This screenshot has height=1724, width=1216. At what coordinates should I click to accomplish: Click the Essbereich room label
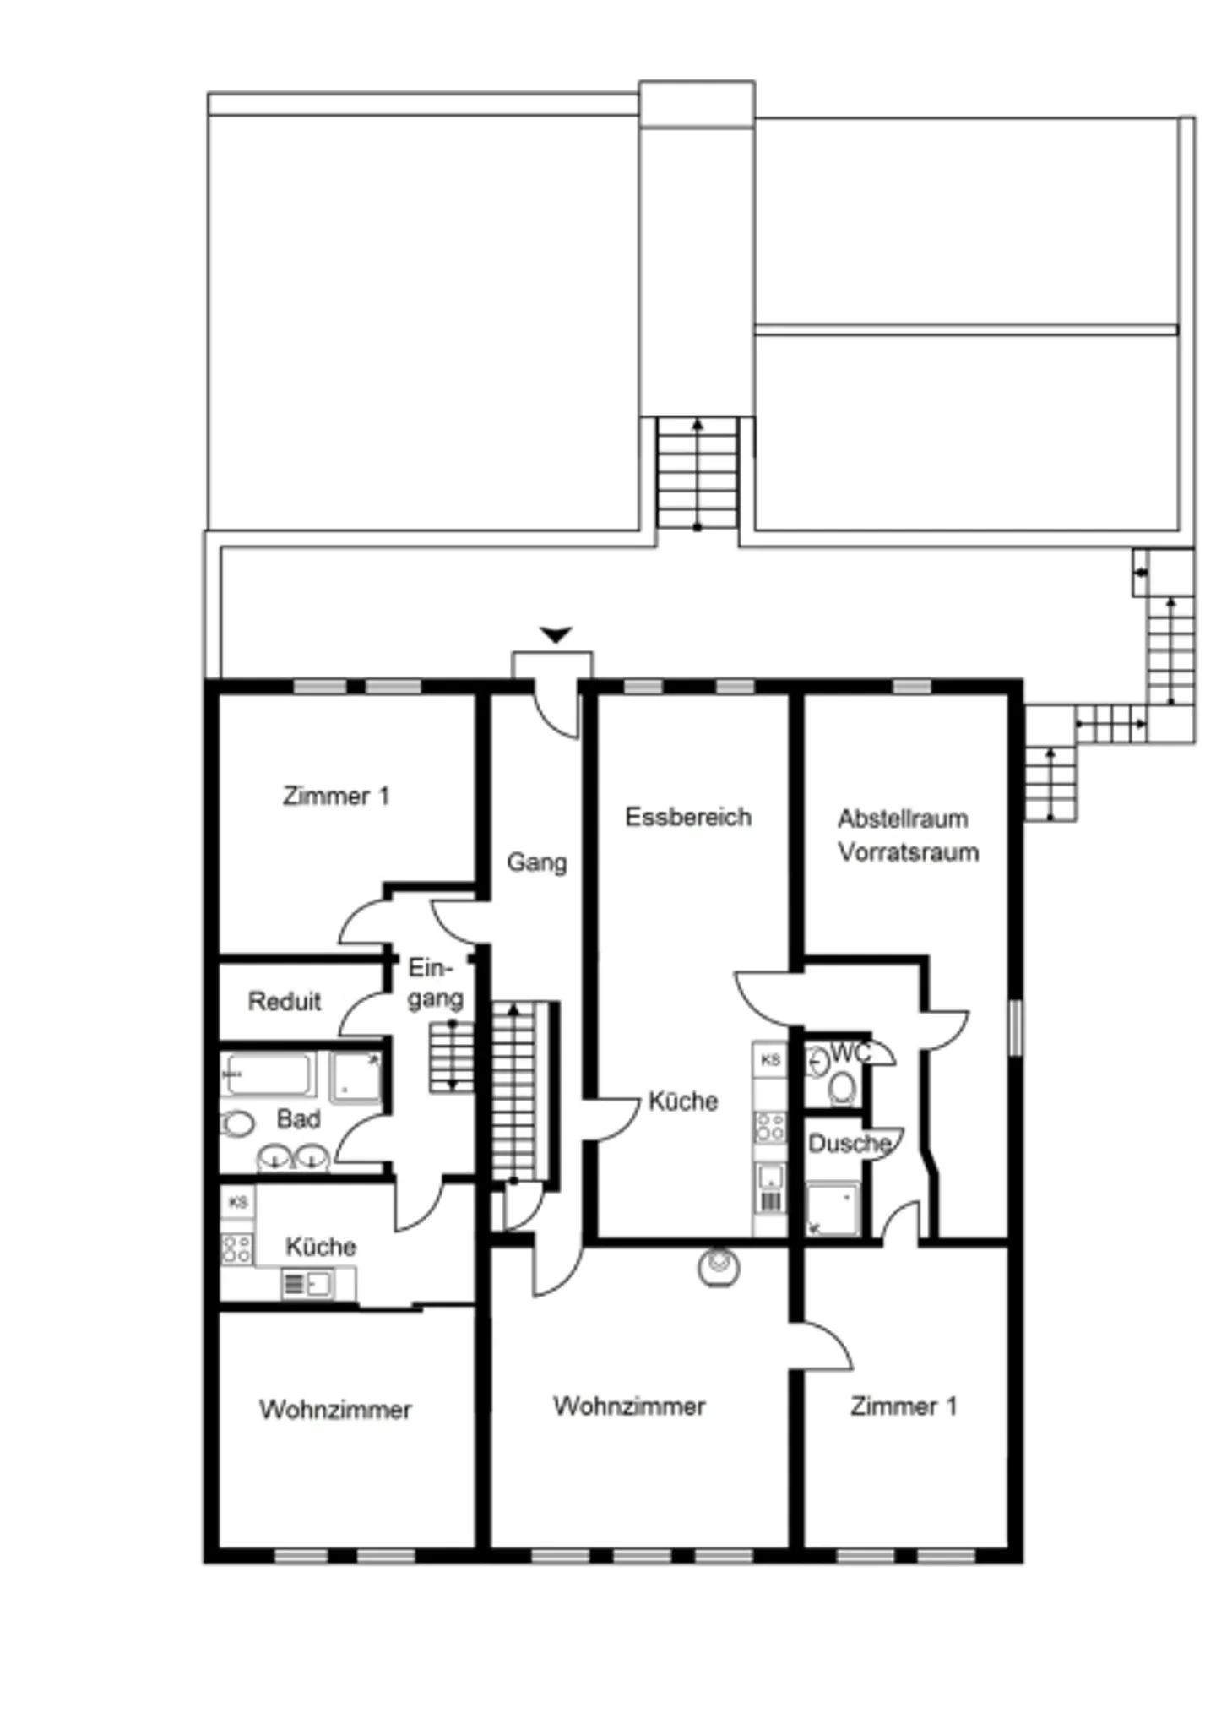(x=688, y=817)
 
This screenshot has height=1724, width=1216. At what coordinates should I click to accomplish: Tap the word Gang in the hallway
(x=536, y=862)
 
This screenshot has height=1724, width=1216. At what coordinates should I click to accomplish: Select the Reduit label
(x=285, y=1001)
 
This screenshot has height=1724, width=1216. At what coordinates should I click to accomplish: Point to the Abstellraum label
(x=903, y=818)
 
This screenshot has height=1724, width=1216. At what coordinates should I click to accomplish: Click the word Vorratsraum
(x=909, y=851)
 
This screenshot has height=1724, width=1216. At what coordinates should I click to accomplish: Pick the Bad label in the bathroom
(x=299, y=1118)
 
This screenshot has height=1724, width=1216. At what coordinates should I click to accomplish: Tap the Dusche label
(x=850, y=1143)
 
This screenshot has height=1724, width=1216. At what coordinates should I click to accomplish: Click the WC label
(x=851, y=1052)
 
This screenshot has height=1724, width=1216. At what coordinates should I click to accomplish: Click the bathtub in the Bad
(x=268, y=1074)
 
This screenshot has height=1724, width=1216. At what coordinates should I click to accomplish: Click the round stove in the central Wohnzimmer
(x=719, y=1267)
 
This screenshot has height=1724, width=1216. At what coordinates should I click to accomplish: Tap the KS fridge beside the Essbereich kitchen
(x=769, y=1059)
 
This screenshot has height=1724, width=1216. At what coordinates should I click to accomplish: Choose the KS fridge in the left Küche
(x=237, y=1201)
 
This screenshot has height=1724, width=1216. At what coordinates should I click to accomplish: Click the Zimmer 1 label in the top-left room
(x=336, y=796)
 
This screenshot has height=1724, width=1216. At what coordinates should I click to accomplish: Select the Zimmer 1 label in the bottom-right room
(x=904, y=1406)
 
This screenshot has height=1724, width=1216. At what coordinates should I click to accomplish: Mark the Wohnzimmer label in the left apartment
(x=335, y=1409)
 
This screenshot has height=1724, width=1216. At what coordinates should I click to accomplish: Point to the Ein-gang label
(x=435, y=982)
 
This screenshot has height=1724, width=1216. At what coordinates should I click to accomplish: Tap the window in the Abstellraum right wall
(x=1016, y=1027)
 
